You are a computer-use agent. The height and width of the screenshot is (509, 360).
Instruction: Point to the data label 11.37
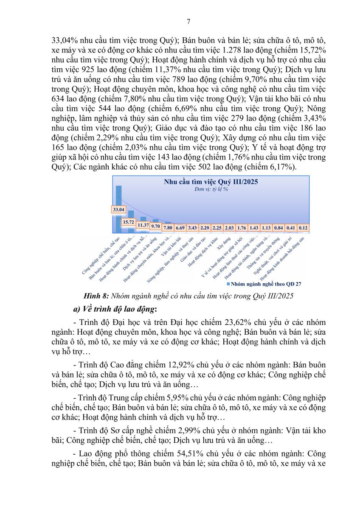point(143,225)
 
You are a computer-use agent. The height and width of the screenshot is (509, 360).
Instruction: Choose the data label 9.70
point(155,226)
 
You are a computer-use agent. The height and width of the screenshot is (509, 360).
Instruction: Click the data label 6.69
point(180,228)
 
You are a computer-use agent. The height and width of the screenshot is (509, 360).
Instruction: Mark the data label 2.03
point(229,228)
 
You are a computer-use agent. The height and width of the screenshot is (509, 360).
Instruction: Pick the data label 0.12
point(303,228)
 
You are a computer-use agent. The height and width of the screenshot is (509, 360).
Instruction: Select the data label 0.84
point(278,228)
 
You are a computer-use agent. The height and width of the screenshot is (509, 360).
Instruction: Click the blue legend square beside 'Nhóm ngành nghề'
point(228,283)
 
